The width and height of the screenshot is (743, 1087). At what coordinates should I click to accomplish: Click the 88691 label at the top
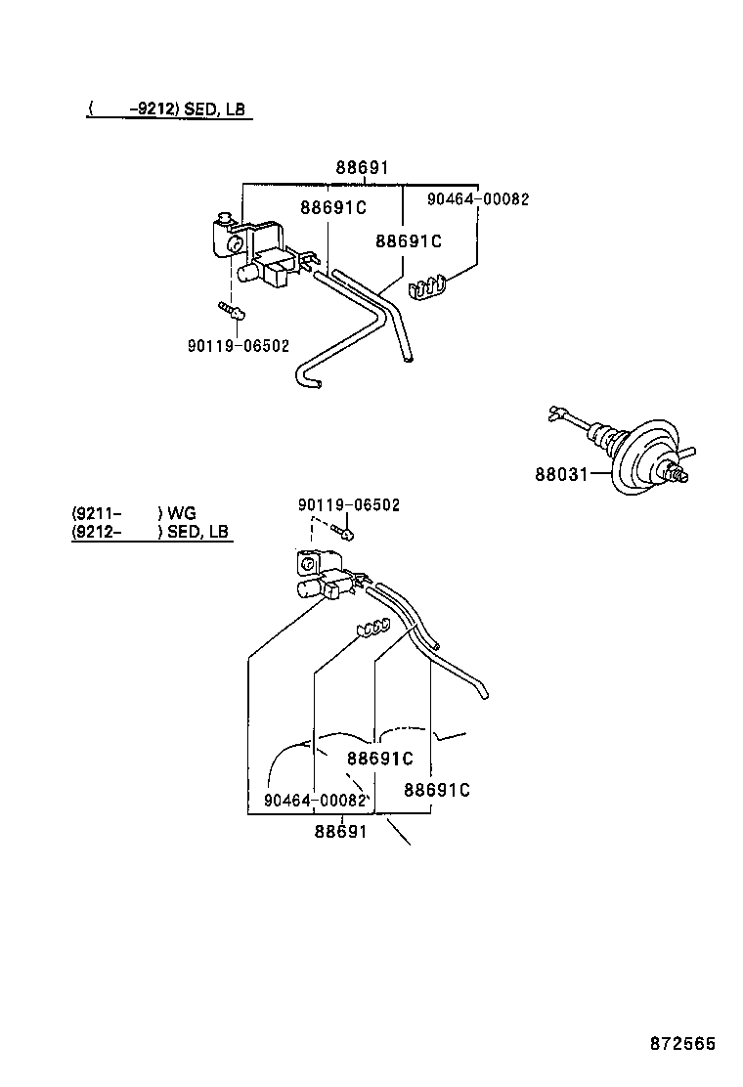click(362, 168)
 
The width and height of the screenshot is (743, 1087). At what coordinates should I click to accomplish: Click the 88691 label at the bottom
click(340, 831)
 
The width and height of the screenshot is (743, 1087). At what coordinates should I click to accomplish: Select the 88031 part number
click(561, 474)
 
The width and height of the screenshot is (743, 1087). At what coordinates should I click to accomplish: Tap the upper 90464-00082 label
click(478, 199)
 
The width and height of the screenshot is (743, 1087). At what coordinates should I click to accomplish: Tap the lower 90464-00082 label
click(315, 800)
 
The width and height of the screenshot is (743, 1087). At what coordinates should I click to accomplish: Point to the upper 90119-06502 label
click(239, 345)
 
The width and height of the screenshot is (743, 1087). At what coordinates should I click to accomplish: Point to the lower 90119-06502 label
click(349, 504)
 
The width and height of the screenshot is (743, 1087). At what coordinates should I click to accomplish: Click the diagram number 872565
click(682, 1043)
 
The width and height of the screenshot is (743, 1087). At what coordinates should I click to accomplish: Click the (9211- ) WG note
click(134, 513)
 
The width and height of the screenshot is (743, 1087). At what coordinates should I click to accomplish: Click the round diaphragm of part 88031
click(641, 457)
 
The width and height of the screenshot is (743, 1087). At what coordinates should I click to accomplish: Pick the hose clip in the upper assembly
click(427, 287)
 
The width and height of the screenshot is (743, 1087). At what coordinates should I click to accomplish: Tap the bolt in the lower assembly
click(343, 531)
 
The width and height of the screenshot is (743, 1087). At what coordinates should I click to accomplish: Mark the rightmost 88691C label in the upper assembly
click(409, 240)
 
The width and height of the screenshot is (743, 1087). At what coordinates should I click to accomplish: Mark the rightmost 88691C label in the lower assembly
click(437, 790)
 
